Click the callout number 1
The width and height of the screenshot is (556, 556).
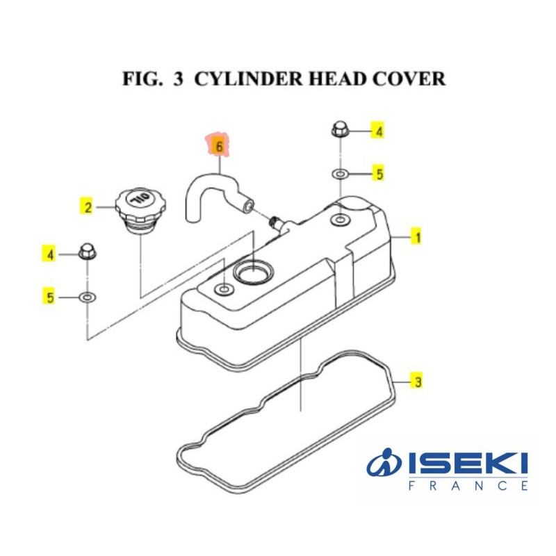tap(417, 238)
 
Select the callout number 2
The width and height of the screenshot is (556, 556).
tap(88, 206)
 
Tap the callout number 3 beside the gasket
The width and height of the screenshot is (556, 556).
tap(417, 382)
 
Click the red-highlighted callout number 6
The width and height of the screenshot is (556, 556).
tap(219, 147)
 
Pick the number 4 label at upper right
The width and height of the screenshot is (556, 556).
tap(379, 131)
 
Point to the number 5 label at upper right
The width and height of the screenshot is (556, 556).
tap(379, 174)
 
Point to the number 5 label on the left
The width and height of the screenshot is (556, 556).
tap(50, 298)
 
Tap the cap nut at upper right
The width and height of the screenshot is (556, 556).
tap(340, 129)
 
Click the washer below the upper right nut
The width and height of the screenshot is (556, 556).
tap(339, 173)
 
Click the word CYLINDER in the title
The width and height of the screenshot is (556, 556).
tap(243, 79)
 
